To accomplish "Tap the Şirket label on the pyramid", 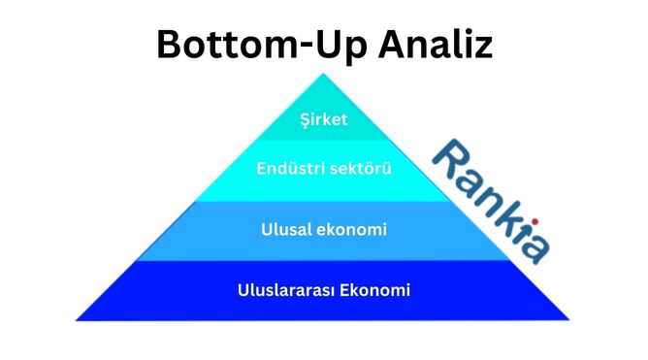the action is click(x=323, y=120).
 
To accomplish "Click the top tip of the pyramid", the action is click(x=323, y=75).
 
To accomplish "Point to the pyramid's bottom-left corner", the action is click(x=77, y=318).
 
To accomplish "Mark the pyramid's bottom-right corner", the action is click(x=569, y=318).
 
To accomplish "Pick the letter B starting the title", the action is click(x=171, y=45).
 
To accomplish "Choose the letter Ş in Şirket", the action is click(x=306, y=121).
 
